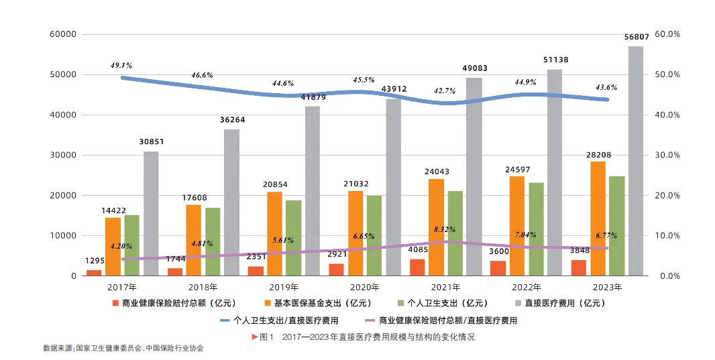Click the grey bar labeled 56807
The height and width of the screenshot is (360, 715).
click(635, 161)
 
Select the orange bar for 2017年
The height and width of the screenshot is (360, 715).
click(113, 247)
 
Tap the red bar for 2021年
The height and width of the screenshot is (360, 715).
click(417, 267)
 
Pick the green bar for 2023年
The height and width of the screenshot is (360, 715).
click(616, 226)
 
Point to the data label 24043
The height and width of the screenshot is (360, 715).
click(437, 171)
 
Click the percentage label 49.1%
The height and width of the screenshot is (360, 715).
click(121, 66)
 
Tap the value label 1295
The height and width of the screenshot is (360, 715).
click(95, 261)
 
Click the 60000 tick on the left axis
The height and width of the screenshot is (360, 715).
click(62, 34)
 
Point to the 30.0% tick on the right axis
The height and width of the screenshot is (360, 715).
click(667, 155)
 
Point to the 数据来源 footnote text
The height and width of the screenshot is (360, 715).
click(123, 349)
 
